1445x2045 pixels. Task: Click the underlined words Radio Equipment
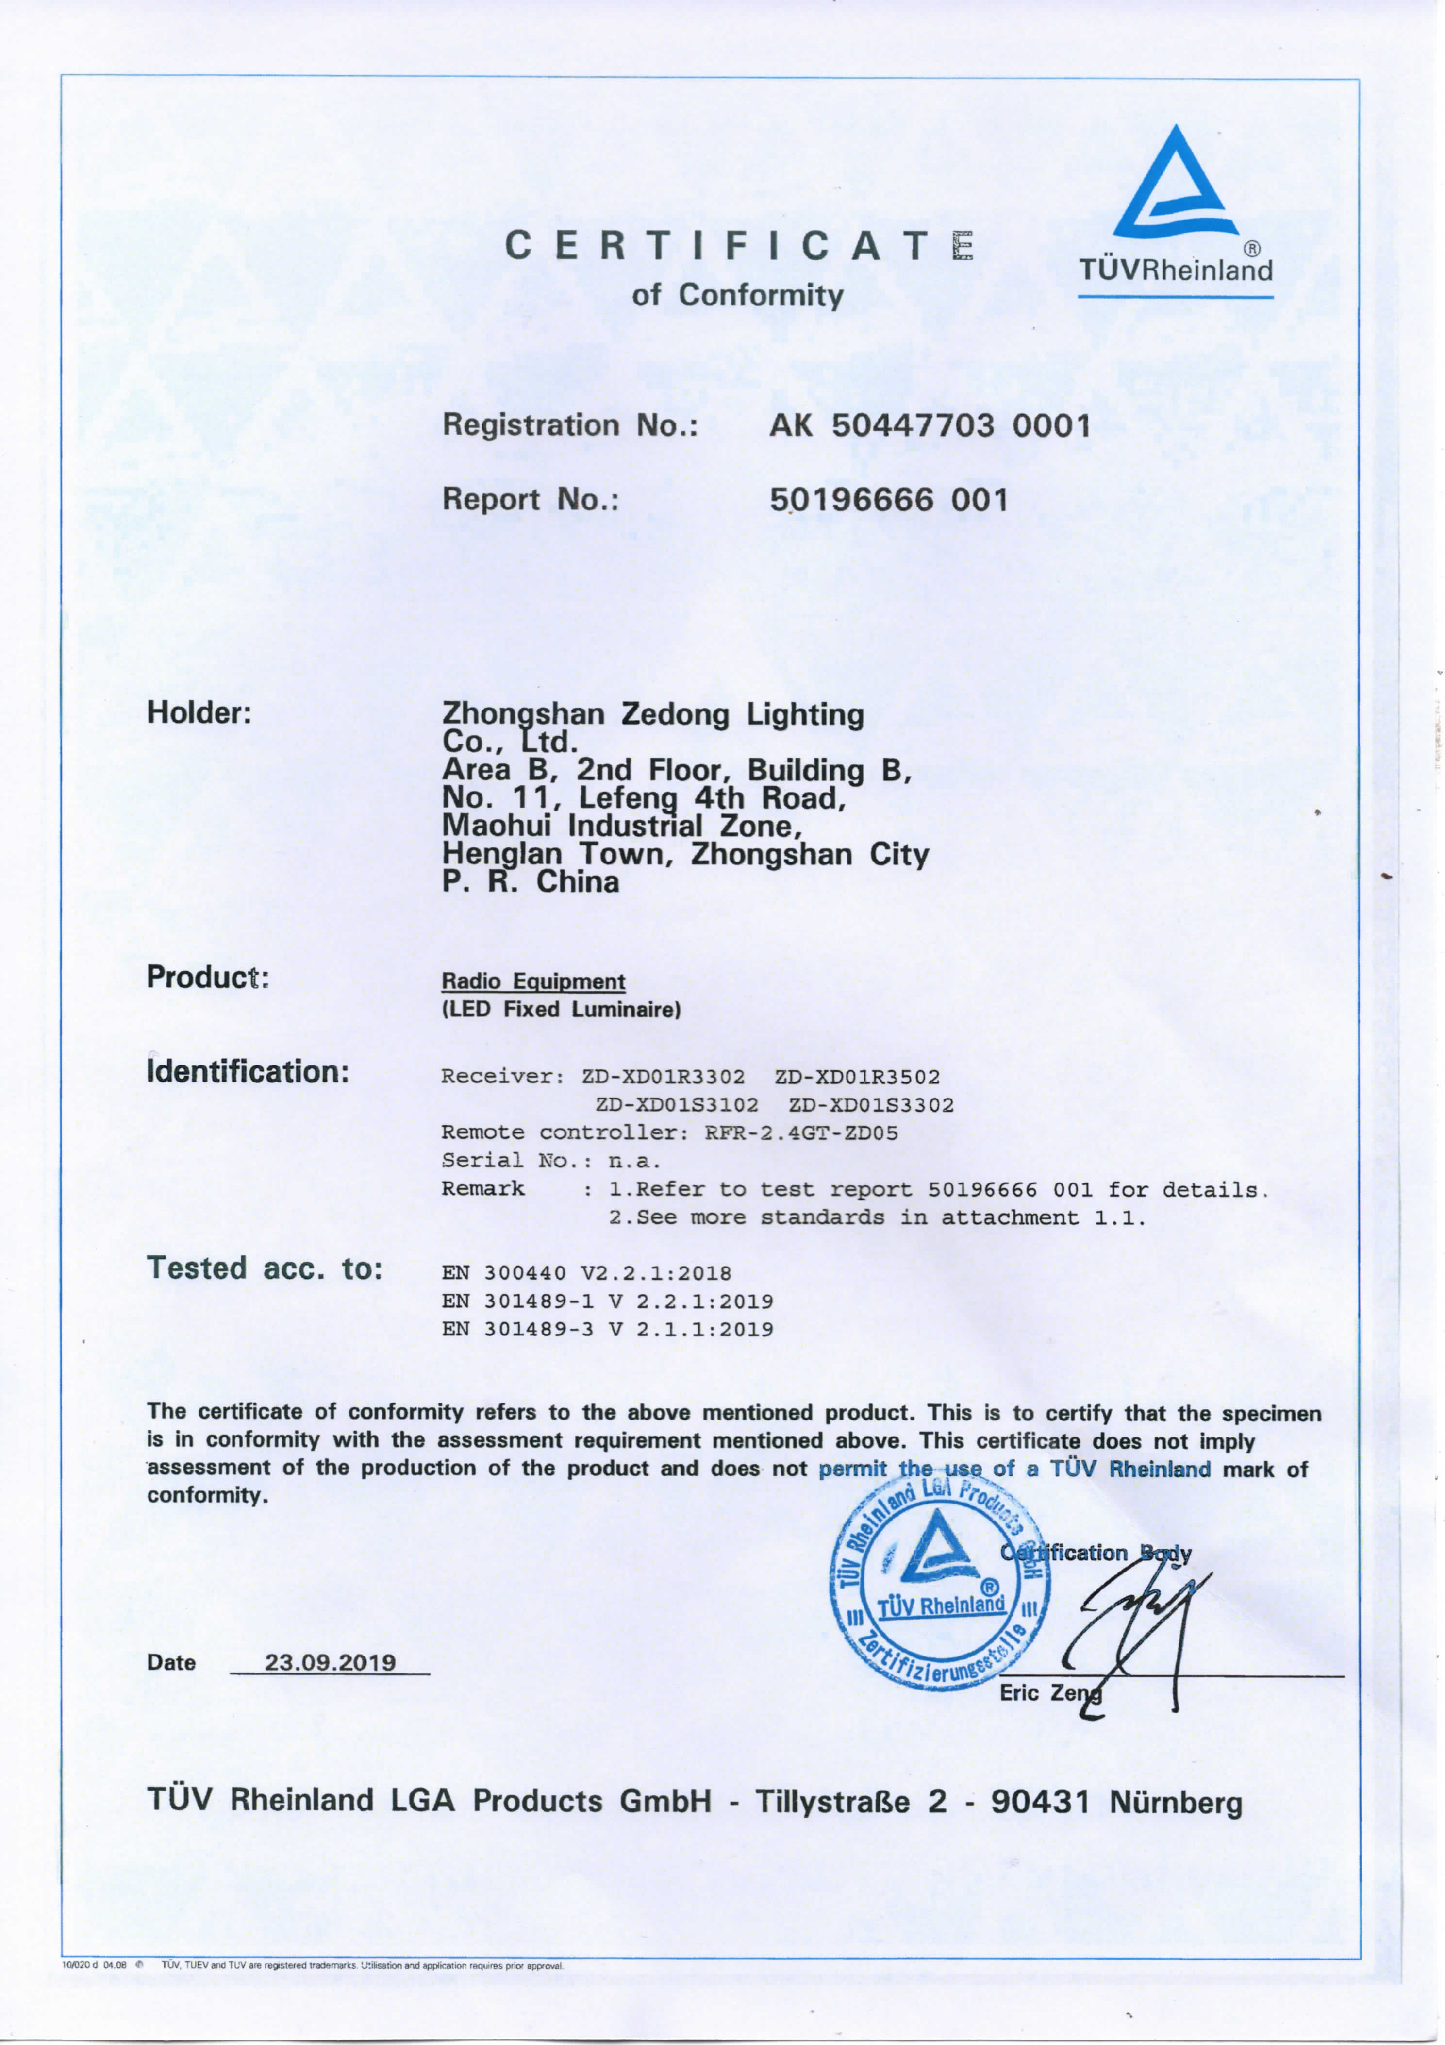tap(533, 981)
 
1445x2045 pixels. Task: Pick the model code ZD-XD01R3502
tap(857, 1076)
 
